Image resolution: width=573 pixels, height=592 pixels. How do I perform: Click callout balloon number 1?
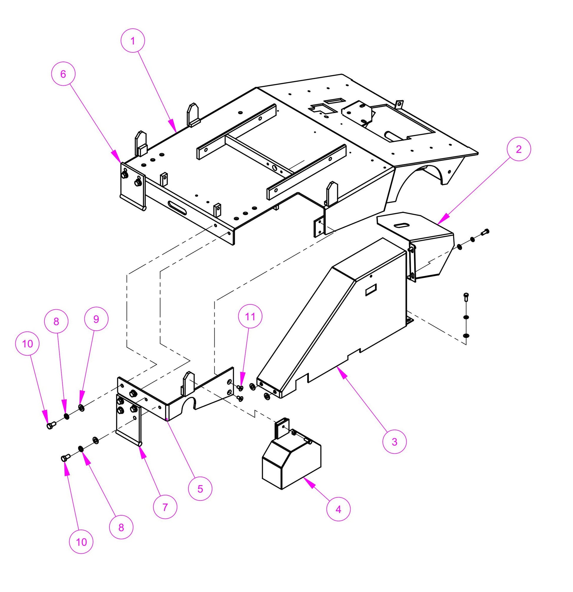click(133, 41)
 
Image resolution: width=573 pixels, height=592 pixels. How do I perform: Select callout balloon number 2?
click(518, 149)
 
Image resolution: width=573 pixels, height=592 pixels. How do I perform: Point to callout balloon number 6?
click(63, 74)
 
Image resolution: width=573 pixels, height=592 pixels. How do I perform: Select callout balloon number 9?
click(96, 319)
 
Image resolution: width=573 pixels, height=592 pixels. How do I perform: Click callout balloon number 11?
click(250, 316)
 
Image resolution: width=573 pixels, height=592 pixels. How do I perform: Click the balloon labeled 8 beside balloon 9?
click(56, 321)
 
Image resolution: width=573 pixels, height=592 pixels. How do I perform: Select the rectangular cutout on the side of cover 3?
click(370, 291)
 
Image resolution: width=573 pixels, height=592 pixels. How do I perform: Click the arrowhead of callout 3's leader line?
click(339, 368)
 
